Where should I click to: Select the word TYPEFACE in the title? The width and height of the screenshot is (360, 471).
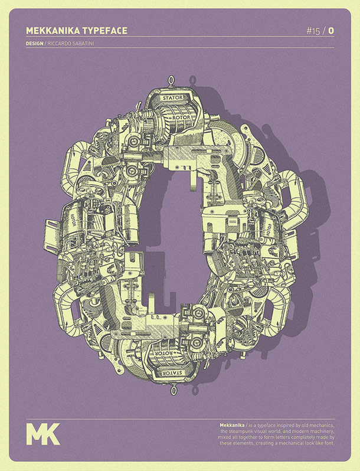[104, 30]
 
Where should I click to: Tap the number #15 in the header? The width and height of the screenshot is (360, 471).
[313, 31]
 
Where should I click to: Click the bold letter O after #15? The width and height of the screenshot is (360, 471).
[331, 31]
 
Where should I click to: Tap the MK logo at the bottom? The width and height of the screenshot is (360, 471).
[43, 433]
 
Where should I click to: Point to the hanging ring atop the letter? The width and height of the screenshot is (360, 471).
[172, 80]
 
